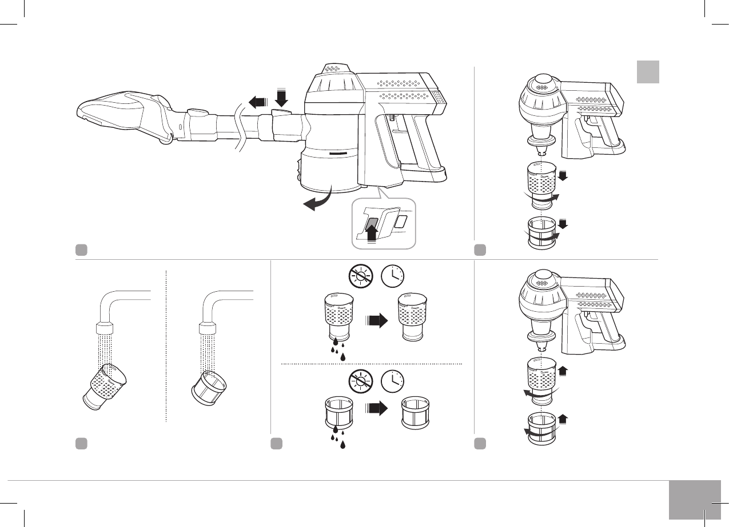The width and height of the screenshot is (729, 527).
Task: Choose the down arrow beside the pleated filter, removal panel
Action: coord(562,223)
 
